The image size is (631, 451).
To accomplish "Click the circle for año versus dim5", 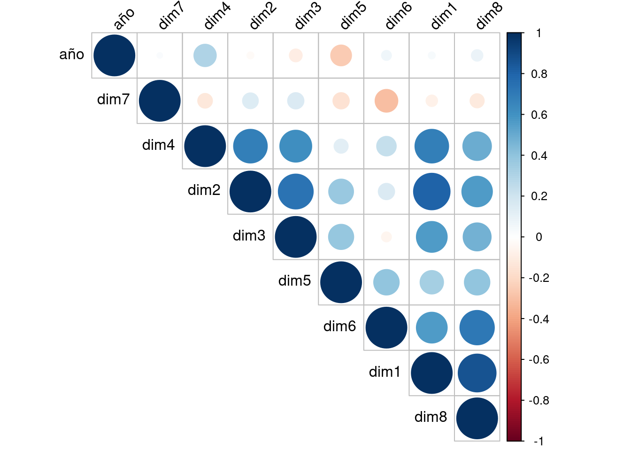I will point(341,55).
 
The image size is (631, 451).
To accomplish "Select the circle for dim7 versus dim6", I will point(386,101).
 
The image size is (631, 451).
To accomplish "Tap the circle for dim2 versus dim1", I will point(431,192).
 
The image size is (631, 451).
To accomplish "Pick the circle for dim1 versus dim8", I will point(477,373).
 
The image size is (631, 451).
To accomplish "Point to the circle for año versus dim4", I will point(205,55).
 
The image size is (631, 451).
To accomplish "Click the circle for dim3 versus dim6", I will point(386,237).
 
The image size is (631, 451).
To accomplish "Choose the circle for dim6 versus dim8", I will point(477,328).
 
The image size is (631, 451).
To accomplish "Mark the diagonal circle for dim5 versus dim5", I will point(341,282).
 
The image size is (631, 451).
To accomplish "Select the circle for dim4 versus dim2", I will point(250,146).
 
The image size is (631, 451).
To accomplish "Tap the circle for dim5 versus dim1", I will point(431,282).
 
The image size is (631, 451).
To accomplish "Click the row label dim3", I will point(249,235).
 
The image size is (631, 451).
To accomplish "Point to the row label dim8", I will point(431,417).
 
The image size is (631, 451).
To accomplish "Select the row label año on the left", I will point(71,54).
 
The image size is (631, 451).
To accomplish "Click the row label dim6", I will point(339,327).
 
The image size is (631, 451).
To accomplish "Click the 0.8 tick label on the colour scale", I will point(539,74).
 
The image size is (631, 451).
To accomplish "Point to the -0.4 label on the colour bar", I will point(538,319).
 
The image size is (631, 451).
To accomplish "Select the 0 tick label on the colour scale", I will point(539,237).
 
